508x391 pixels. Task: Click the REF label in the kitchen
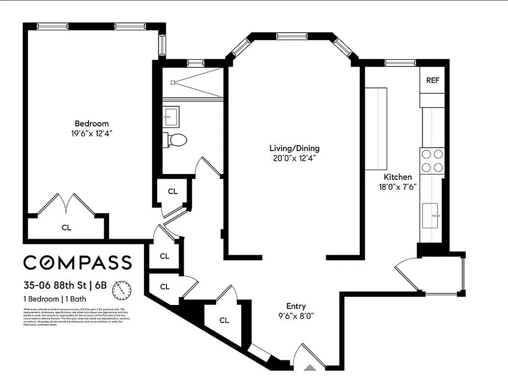pos(433,80)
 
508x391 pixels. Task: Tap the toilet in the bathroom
pos(176,140)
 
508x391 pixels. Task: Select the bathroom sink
pos(171,116)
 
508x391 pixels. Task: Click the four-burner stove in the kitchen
pos(432,161)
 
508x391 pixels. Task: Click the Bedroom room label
pos(92,124)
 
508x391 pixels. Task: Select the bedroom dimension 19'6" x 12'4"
pos(92,133)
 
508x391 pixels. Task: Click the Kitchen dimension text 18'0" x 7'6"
pos(397,186)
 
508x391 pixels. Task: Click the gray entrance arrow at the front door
pos(310,368)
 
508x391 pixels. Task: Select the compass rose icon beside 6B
pos(122,290)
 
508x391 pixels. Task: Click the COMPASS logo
pos(78,262)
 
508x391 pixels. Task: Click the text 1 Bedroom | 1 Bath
pos(56,299)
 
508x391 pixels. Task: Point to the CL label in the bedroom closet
pos(66,227)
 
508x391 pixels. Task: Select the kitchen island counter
pos(376,129)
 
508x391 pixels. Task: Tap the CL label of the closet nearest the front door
pos(224,321)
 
